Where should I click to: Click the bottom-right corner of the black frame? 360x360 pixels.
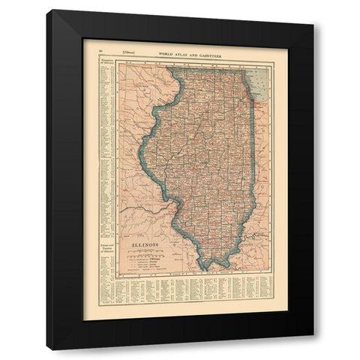(x=313, y=349)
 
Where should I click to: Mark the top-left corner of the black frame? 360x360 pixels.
(x=46, y=10)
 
